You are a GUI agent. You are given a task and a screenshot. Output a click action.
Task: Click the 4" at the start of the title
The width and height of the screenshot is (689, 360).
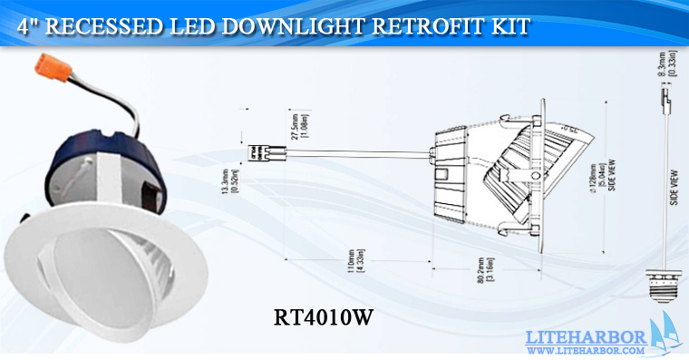(x=29, y=27)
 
